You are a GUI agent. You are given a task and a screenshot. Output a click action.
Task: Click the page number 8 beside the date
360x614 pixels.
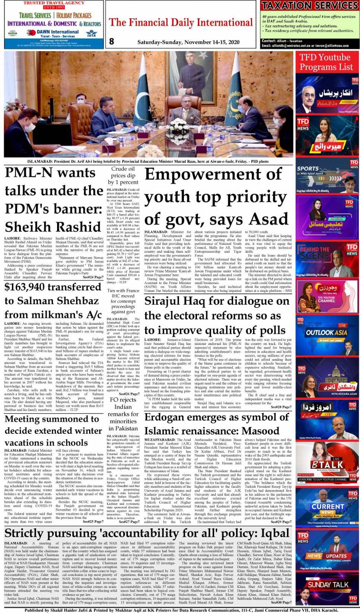click(x=112, y=42)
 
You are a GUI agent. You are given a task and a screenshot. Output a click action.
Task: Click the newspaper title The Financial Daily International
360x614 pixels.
click(x=181, y=22)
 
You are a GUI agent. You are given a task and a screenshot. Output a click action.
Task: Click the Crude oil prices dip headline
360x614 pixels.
click(x=123, y=175)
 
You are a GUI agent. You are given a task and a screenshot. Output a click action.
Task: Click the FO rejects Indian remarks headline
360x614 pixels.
click(x=123, y=414)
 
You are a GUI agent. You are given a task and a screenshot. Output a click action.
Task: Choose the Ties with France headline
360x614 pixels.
click(x=123, y=301)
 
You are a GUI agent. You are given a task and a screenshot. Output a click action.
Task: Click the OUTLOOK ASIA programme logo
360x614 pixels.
click(x=326, y=333)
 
